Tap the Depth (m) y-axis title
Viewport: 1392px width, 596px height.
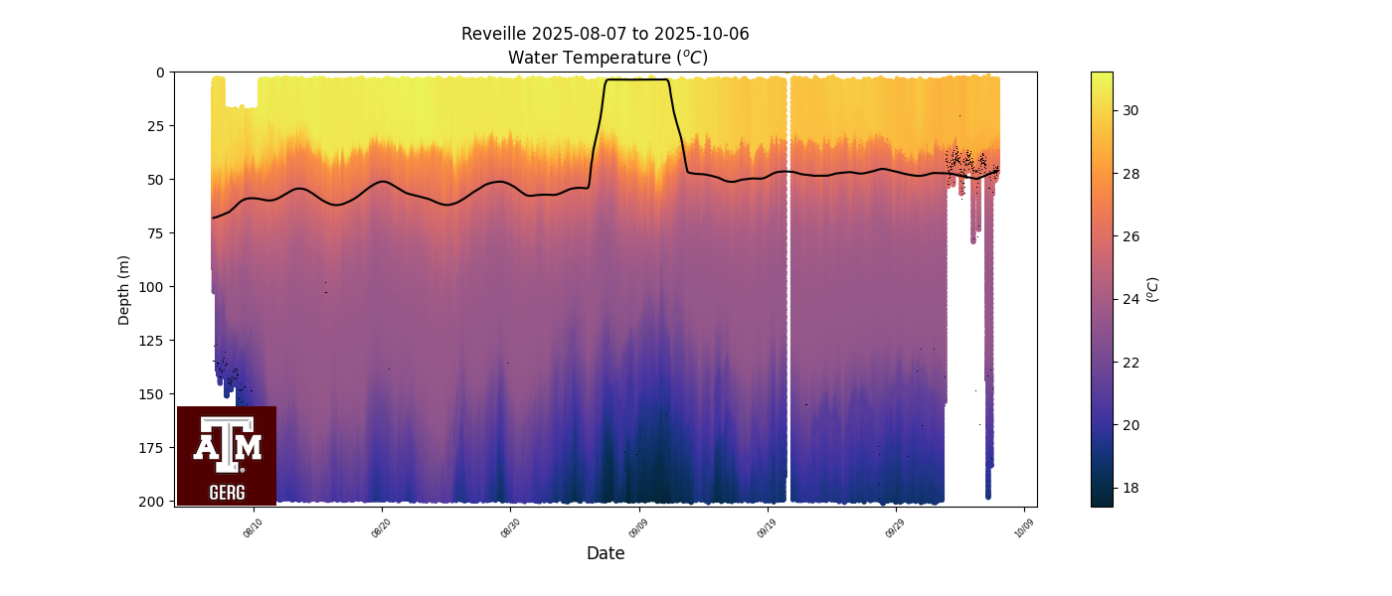click(124, 289)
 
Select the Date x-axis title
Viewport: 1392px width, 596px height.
click(606, 553)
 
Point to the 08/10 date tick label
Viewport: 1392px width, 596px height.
click(253, 526)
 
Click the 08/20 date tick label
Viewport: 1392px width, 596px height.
click(381, 526)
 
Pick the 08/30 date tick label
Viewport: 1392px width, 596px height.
click(509, 526)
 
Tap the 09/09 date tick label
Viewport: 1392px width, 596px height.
click(637, 526)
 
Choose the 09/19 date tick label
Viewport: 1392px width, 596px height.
click(766, 526)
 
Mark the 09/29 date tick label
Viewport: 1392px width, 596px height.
click(894, 526)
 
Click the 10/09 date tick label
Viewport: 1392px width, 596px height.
click(1022, 526)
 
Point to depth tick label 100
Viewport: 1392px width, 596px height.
click(153, 287)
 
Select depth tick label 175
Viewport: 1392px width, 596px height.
click(153, 448)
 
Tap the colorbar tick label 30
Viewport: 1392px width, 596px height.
click(1130, 110)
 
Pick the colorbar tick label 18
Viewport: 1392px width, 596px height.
click(1130, 488)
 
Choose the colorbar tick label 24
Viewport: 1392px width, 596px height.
click(1130, 299)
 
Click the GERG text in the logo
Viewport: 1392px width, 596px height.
click(227, 492)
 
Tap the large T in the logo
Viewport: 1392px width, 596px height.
click(227, 443)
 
